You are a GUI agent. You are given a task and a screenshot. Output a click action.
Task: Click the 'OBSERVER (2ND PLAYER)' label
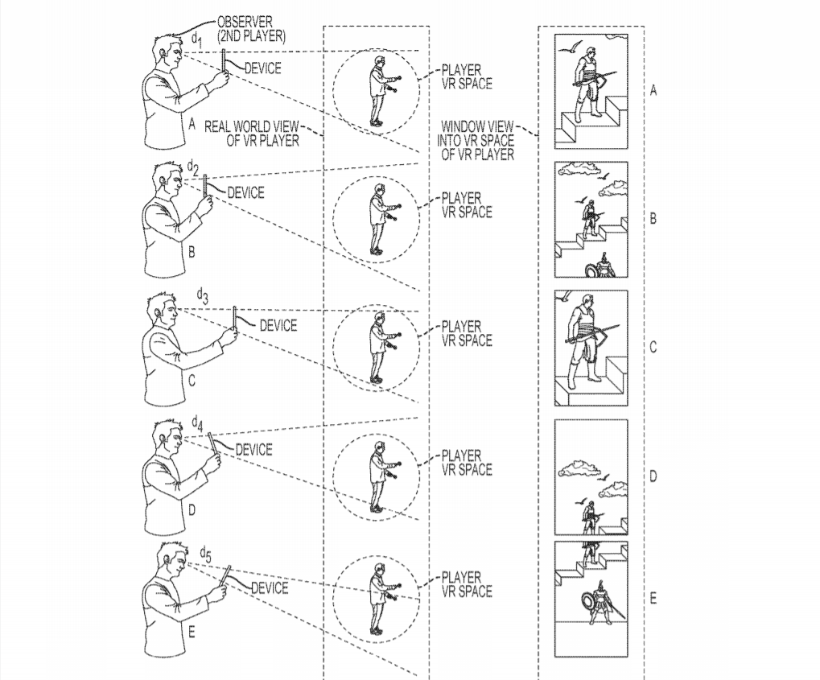pos(252,29)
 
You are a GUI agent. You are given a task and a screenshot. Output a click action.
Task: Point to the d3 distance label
pos(203,296)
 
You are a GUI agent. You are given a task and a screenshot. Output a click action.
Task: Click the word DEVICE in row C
pos(278,325)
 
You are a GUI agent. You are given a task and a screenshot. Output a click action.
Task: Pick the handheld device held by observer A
pos(224,63)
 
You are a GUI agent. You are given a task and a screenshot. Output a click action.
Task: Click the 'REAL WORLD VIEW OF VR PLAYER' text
pos(252,134)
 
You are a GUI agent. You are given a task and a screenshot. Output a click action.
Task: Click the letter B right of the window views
pos(653,218)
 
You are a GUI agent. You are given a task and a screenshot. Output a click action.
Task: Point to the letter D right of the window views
pos(653,476)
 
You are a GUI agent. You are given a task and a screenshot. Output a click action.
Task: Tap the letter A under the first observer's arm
pos(192,124)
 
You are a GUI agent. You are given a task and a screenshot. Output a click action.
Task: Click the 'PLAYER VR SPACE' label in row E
pos(467,584)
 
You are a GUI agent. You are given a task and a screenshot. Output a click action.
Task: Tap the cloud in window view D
pos(579,468)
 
